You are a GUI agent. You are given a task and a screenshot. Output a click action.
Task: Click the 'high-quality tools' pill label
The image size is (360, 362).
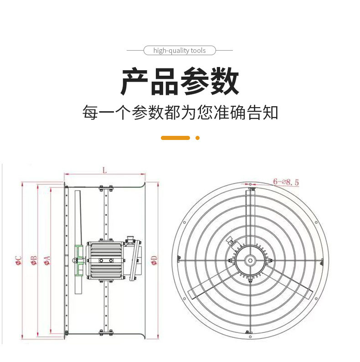(x=180, y=50)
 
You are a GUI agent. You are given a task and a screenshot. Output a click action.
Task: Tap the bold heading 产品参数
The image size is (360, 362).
(x=180, y=81)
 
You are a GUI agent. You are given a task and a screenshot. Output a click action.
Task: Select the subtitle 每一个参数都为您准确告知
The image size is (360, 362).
(x=180, y=113)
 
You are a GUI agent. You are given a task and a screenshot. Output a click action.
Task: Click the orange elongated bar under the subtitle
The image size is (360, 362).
(x=175, y=138)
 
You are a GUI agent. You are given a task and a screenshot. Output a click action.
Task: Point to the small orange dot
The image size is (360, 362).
(x=197, y=138)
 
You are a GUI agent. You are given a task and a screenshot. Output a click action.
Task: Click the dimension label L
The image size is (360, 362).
(x=105, y=171)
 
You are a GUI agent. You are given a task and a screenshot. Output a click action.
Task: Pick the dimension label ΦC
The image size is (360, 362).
(x=19, y=260)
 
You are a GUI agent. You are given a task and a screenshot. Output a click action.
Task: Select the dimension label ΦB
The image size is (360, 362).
(x=34, y=260)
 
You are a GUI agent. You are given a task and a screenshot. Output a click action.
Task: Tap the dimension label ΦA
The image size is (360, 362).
(x=47, y=260)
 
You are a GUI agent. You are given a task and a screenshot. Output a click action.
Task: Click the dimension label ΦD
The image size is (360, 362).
(x=154, y=260)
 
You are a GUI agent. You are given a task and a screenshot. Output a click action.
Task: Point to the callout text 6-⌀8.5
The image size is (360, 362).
(x=286, y=182)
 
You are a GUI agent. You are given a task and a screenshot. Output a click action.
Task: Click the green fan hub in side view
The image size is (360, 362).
(x=79, y=260)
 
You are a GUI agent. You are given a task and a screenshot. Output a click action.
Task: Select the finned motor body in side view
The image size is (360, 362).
(x=106, y=260)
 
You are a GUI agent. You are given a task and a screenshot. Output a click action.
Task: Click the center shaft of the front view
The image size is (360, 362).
(x=250, y=260)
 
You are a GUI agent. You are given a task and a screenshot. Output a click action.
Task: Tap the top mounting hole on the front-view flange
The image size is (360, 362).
(x=250, y=184)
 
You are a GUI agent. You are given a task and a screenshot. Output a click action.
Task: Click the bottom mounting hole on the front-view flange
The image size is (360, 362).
(x=250, y=337)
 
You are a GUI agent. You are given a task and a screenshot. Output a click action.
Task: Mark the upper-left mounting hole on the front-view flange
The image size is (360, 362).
(x=185, y=222)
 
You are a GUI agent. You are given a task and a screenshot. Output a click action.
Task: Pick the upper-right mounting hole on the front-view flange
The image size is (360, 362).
(x=316, y=222)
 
